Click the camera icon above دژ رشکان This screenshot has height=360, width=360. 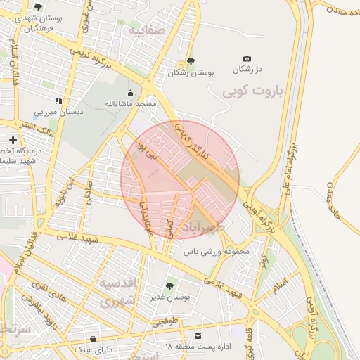247,59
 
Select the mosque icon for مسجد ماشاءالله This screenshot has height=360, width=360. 129,93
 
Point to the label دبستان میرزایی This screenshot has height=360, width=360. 59,111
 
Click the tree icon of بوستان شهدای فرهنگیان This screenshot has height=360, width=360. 38,7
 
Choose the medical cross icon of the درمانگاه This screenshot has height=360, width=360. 13,141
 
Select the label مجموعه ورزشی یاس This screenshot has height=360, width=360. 217,250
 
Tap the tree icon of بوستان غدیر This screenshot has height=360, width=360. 169,285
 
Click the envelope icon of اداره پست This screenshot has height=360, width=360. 198,336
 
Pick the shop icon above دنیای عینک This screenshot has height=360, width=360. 89,336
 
